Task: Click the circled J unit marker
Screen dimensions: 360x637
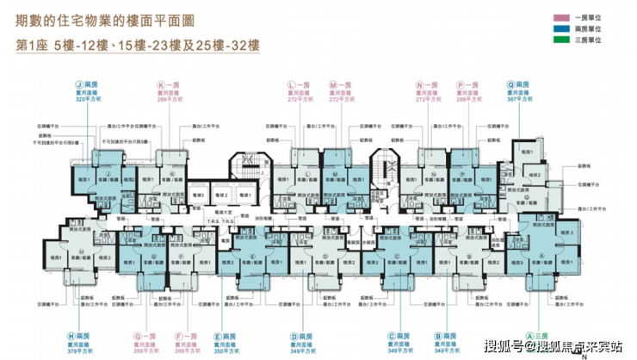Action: coord(78,85)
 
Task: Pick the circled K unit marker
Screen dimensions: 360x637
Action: coord(161,85)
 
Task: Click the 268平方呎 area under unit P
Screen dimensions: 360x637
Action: coord(473,100)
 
